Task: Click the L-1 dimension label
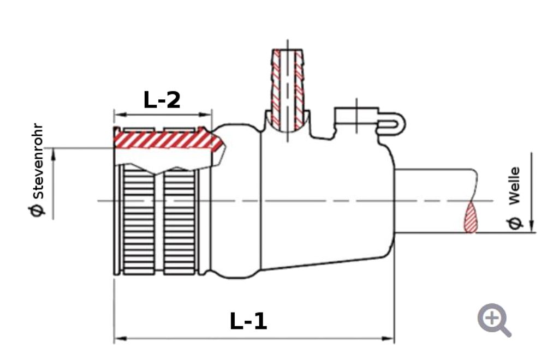pos(248,321)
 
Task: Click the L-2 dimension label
pos(162,100)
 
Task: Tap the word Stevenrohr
pos(38,161)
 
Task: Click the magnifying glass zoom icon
pos(494,320)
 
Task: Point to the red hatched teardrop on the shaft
pos(470,218)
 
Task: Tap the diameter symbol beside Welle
pos(514,223)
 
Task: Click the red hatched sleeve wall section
pos(168,140)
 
